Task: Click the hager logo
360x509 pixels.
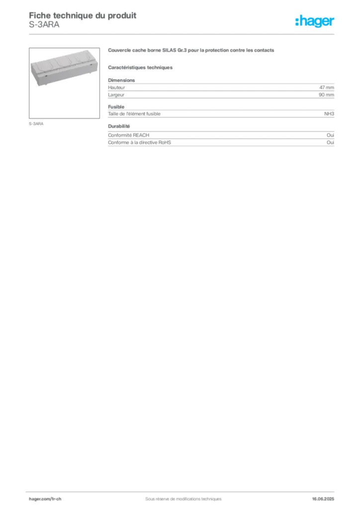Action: pos(314,21)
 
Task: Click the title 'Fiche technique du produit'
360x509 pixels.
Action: pos(83,15)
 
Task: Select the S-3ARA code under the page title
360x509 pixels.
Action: pos(44,25)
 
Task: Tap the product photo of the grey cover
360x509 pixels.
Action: pos(64,83)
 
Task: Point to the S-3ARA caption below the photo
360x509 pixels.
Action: pos(36,124)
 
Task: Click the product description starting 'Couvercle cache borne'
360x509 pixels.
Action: pos(191,50)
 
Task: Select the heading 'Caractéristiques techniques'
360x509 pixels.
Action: pos(140,68)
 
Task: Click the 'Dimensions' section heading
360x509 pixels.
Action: pos(121,80)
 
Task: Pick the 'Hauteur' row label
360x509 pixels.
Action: pos(116,87)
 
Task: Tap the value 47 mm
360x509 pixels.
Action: pos(327,87)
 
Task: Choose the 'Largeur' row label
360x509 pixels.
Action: pos(116,95)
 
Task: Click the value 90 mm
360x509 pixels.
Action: pos(326,95)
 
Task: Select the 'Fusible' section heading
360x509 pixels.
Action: pos(116,107)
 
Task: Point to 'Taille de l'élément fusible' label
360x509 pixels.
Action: pos(134,114)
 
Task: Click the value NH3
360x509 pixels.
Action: pos(329,114)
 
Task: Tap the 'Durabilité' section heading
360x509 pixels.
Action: pos(119,126)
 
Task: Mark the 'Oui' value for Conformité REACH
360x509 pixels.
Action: pos(331,135)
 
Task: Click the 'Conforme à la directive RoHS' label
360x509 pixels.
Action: pos(140,143)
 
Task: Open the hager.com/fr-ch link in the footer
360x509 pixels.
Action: pos(45,499)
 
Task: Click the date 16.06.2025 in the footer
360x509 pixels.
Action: pos(323,499)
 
